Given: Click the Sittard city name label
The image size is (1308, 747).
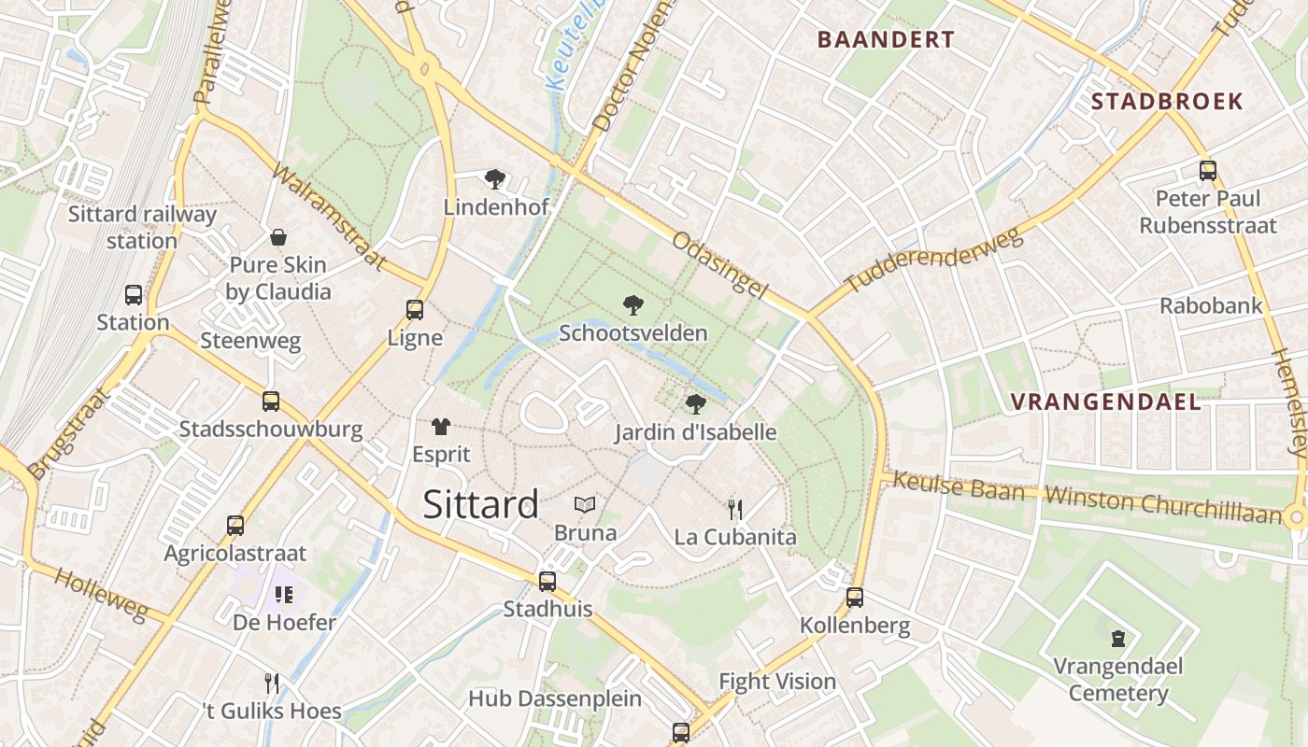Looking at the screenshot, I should click(480, 504).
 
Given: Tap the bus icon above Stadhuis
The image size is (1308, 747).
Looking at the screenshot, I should click(547, 581).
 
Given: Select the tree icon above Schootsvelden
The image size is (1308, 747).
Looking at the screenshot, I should click(633, 304).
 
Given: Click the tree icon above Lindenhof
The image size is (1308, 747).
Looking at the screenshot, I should click(494, 178).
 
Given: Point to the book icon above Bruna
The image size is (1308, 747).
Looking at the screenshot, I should click(585, 505).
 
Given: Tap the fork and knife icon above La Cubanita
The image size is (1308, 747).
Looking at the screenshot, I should click(735, 509).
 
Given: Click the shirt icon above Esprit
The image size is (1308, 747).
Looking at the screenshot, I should click(441, 427).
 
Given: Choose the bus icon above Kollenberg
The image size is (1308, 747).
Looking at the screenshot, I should click(854, 598).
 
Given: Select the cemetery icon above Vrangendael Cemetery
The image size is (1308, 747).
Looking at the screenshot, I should click(1117, 639).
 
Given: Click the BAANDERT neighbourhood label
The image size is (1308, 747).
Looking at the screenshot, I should click(886, 39).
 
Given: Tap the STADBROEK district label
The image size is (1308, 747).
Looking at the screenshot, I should click(1167, 101).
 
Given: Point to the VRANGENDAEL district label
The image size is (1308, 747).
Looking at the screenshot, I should click(1105, 402).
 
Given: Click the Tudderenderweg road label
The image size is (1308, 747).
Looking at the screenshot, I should click(934, 259).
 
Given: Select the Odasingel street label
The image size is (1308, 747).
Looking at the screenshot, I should click(719, 265).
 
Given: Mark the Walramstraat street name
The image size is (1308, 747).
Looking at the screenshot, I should click(329, 218).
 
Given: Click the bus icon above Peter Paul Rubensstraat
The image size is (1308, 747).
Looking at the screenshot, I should click(1207, 171).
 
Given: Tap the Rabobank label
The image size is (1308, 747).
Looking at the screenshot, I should click(1210, 305).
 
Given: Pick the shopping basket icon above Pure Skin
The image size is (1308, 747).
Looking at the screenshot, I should click(277, 237).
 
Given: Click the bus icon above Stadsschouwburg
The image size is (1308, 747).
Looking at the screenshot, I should click(270, 402).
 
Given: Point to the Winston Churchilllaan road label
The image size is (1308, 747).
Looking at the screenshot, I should click(1163, 503).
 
